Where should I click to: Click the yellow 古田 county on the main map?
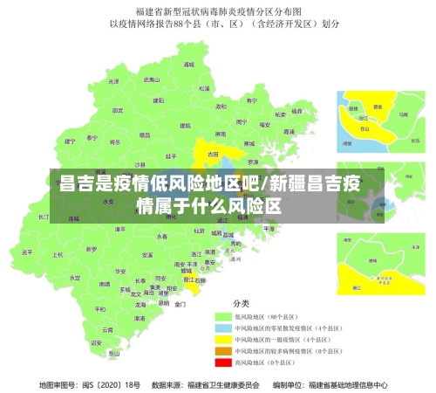[213, 153]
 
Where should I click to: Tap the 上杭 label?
[59, 254]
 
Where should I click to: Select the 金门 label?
[180, 305]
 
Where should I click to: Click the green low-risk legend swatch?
[224, 316]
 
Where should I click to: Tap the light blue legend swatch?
[224, 327]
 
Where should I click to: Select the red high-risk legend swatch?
[224, 362]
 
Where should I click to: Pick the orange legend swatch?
[224, 350]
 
